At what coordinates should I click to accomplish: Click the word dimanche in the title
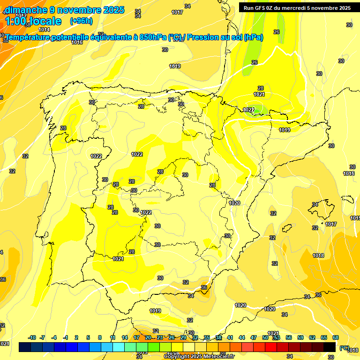tap(26, 10)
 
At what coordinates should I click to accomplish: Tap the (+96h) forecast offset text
tap(81, 21)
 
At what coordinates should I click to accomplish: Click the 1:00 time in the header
tap(15, 21)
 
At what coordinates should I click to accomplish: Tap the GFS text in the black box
tap(262, 7)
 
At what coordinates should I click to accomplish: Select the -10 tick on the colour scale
tap(32, 337)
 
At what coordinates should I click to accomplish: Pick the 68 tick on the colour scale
tap(336, 337)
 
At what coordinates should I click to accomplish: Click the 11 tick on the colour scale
tap(113, 337)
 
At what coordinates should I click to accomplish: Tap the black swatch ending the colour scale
tap(330, 347)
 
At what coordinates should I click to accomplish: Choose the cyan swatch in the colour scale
tap(119, 347)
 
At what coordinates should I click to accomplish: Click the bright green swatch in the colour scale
tap(154, 347)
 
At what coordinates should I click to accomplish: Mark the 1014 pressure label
tap(44, 30)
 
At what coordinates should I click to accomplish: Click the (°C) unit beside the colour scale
tap(344, 347)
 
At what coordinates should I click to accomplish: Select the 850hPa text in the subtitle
tap(153, 37)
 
